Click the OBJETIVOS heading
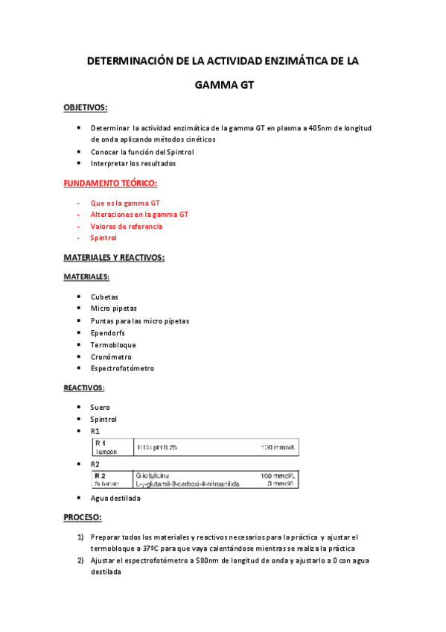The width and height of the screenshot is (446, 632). click(x=86, y=107)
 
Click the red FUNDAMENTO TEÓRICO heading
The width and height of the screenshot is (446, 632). click(x=110, y=183)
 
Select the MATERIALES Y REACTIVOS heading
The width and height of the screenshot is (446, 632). click(x=114, y=258)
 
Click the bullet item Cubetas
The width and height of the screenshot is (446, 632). click(x=104, y=297)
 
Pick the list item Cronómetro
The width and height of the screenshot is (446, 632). click(x=111, y=357)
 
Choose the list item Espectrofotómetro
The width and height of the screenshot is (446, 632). click(x=123, y=368)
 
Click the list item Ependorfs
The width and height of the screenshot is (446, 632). click(x=109, y=333)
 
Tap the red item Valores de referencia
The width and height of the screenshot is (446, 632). click(x=127, y=226)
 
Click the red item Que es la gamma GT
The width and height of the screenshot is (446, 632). click(x=125, y=202)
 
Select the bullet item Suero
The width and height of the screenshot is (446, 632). click(x=100, y=408)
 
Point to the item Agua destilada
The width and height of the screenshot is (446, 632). click(x=115, y=499)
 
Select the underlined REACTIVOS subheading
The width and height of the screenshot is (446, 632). click(x=83, y=388)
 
